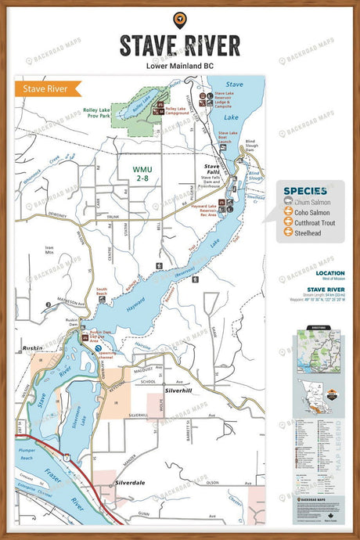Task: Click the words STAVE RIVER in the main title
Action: [x=180, y=45]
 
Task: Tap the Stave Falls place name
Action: [x=212, y=167]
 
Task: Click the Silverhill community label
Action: [x=179, y=389]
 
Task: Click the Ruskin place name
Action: [x=32, y=347]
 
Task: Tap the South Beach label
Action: [x=101, y=292]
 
